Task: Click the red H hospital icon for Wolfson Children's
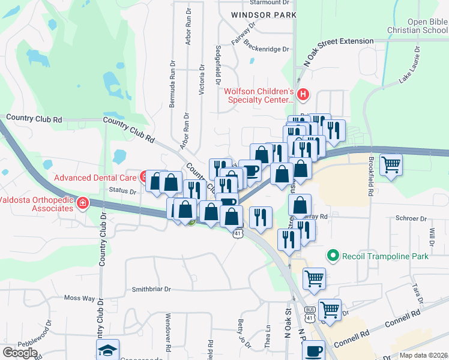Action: [303, 94]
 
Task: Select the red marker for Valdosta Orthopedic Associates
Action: [82, 205]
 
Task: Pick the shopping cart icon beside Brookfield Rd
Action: [391, 164]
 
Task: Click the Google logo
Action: [20, 352]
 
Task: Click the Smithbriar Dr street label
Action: [151, 289]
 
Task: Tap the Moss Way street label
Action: [79, 298]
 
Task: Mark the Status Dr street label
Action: [123, 191]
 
